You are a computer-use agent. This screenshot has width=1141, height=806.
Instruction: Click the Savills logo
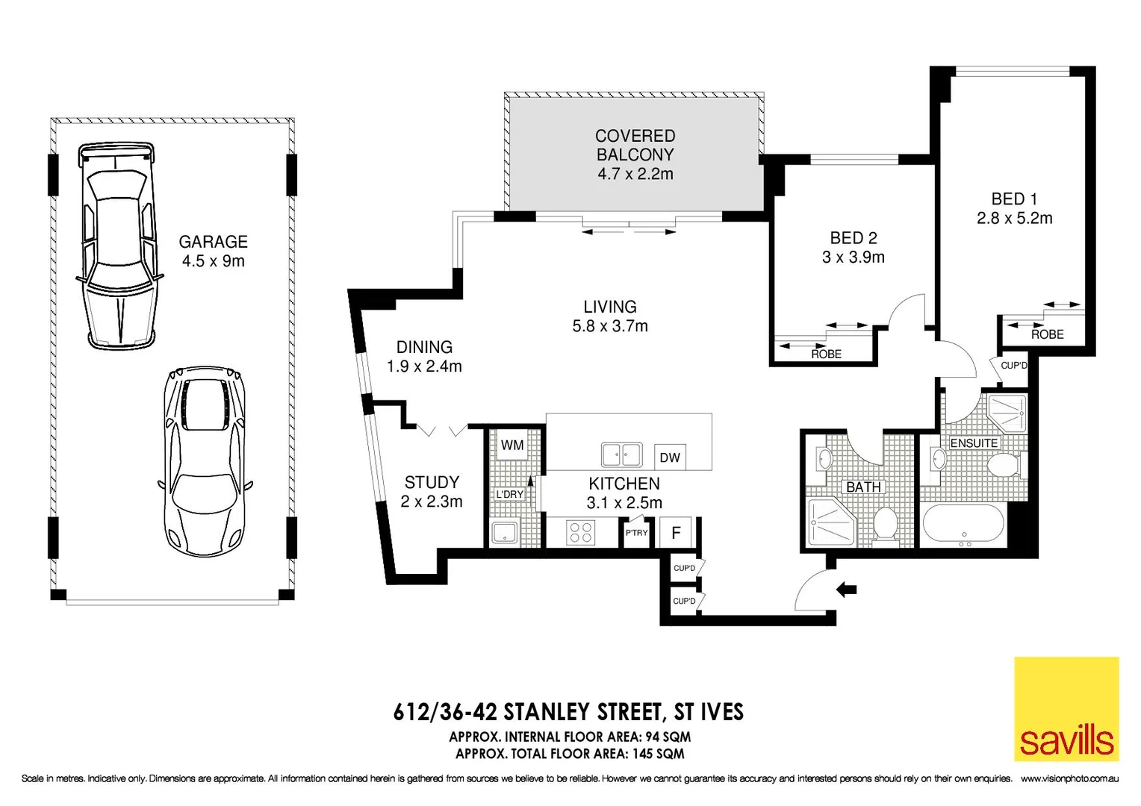(x=1066, y=708)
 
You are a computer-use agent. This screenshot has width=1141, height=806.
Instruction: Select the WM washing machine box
(x=512, y=446)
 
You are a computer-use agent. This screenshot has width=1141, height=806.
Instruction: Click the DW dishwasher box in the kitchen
(x=670, y=457)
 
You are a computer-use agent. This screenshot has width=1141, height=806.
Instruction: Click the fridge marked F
(x=676, y=533)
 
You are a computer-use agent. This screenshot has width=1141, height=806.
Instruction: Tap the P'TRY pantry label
(x=636, y=533)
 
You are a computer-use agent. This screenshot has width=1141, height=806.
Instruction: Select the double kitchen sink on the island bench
(x=621, y=454)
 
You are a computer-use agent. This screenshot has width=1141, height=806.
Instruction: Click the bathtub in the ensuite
(x=964, y=524)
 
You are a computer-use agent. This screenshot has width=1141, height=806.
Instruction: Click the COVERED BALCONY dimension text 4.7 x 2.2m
(x=635, y=175)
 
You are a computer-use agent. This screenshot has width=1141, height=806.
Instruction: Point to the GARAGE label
(x=213, y=242)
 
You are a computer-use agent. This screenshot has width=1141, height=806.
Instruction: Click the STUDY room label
(x=432, y=483)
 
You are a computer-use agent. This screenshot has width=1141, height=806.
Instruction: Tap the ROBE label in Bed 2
(x=826, y=354)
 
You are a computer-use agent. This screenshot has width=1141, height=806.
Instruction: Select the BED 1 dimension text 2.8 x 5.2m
(x=1014, y=219)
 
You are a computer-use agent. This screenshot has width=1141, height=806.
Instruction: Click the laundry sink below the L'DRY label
(x=505, y=533)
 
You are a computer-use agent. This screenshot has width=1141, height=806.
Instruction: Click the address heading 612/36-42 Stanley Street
(x=568, y=712)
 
